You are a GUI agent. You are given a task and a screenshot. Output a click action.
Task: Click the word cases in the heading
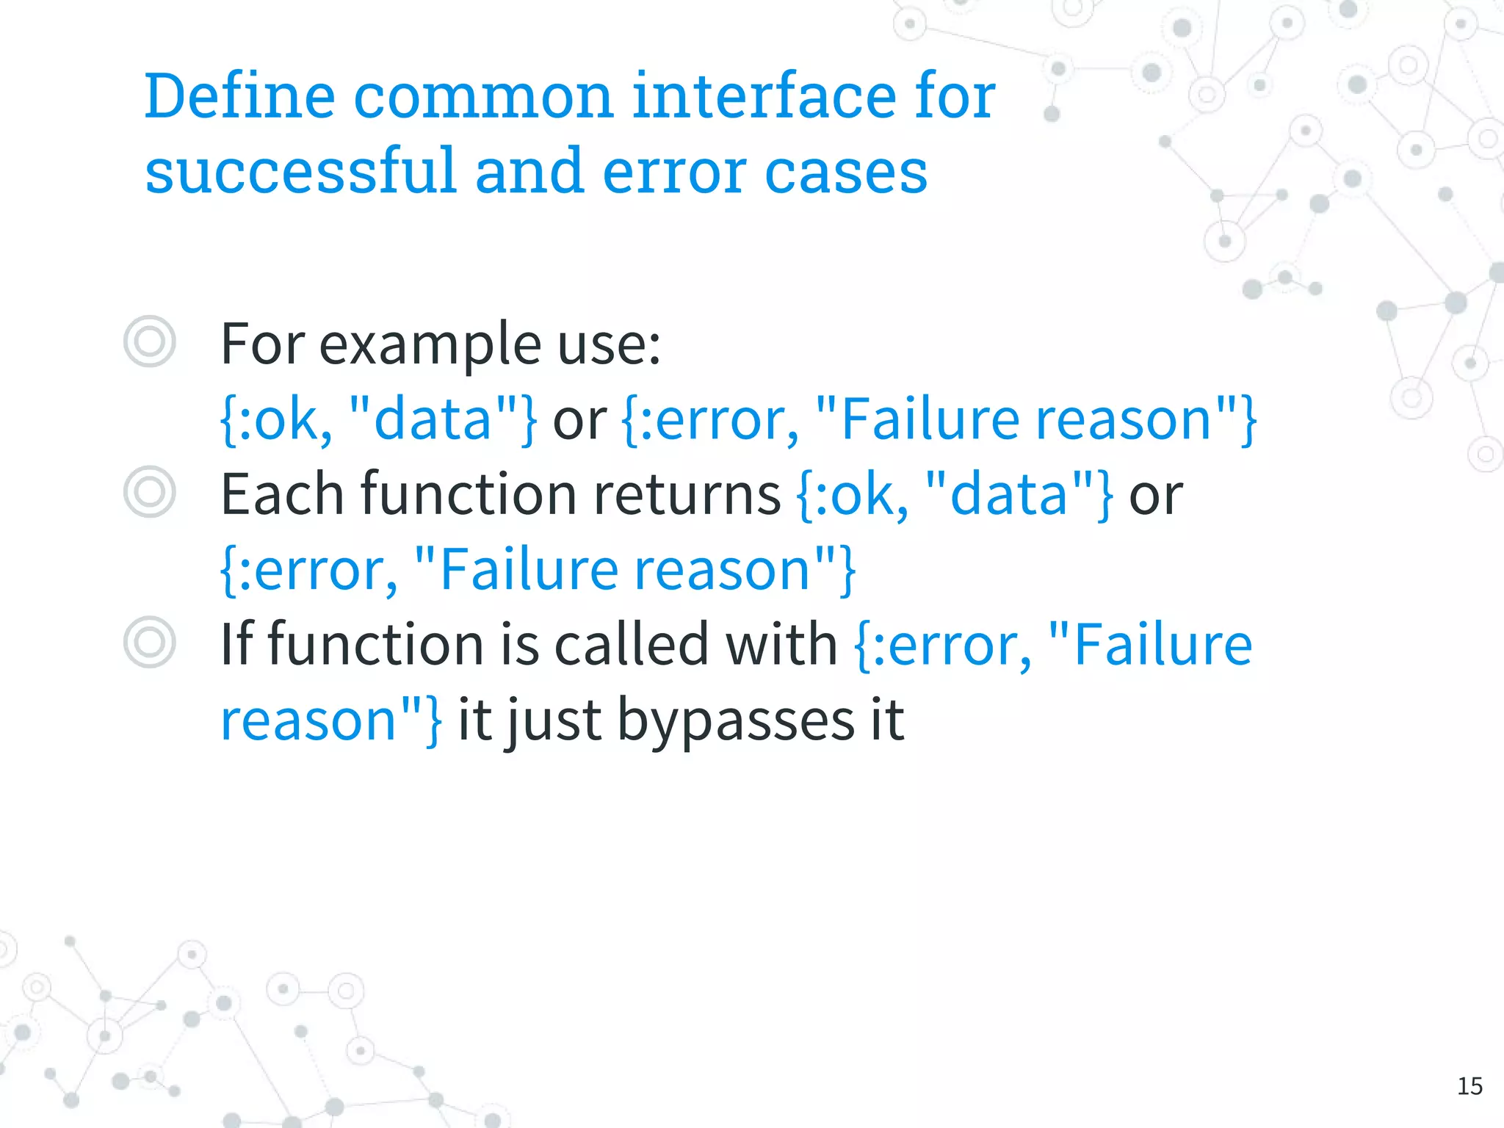(846, 172)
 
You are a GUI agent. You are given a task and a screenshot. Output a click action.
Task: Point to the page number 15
(1469, 1085)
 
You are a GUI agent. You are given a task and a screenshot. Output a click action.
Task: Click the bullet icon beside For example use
(150, 341)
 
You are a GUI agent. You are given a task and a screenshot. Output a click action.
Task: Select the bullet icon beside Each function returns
(150, 492)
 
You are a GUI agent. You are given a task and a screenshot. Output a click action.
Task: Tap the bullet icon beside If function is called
(150, 642)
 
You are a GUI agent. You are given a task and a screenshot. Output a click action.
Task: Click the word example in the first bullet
(430, 344)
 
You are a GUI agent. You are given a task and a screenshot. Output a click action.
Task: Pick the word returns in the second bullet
(687, 493)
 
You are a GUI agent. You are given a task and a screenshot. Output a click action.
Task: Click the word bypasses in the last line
(736, 720)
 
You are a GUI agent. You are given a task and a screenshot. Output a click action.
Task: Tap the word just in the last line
(555, 720)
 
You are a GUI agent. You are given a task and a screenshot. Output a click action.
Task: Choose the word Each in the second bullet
(282, 493)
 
